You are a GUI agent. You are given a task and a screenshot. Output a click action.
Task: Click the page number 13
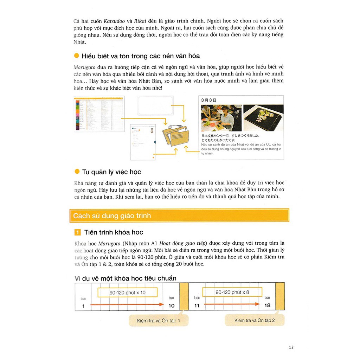291,347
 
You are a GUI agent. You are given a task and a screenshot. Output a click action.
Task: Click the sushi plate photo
263,118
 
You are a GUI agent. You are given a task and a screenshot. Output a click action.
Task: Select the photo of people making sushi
221,118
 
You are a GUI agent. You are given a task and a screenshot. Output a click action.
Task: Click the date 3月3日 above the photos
208,100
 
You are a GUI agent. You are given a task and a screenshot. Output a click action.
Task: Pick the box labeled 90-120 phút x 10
127,292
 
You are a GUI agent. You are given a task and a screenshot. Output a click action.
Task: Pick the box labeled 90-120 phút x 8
232,292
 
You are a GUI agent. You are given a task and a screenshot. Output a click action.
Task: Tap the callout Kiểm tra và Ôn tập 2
255,320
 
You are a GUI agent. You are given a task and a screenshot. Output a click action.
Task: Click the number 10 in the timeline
171,306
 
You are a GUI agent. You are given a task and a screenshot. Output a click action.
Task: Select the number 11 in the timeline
197,306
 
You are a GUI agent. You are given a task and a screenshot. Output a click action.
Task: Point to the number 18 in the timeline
267,305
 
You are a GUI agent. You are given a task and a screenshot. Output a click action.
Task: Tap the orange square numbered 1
78,232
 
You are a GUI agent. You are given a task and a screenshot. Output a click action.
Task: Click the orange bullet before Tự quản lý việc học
77,172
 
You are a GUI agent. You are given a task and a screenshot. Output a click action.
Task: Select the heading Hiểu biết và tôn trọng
141,56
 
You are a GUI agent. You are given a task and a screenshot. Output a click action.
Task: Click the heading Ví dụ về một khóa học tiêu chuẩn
126,278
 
